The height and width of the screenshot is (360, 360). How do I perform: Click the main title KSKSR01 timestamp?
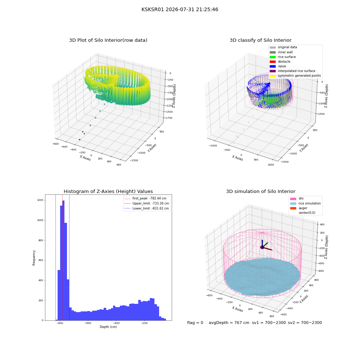[x=180, y=10]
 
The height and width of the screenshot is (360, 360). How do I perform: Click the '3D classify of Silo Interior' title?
[x=261, y=40]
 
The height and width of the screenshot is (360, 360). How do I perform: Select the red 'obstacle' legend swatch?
[x=273, y=62]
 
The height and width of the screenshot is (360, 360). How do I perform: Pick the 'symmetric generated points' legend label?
[x=300, y=76]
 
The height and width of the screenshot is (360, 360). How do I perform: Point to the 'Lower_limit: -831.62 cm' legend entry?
[x=147, y=208]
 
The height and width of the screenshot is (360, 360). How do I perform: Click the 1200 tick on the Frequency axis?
[x=40, y=200]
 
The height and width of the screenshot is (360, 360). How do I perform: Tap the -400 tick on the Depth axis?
[x=116, y=323]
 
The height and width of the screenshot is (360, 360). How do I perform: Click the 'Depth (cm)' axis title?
[x=108, y=327]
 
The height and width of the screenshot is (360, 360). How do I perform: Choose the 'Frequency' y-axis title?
[x=34, y=258]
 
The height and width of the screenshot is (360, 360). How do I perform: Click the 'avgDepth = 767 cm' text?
[x=229, y=323]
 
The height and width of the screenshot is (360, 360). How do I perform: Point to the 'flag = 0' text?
[x=195, y=323]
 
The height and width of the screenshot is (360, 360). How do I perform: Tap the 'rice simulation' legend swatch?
[x=293, y=203]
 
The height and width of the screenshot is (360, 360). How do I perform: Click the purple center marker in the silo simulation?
[x=262, y=247]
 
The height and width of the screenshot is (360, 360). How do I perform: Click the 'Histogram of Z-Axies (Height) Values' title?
[x=108, y=192]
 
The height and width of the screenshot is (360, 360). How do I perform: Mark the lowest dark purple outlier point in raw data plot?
[x=80, y=140]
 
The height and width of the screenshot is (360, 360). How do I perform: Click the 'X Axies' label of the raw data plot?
[x=85, y=158]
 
